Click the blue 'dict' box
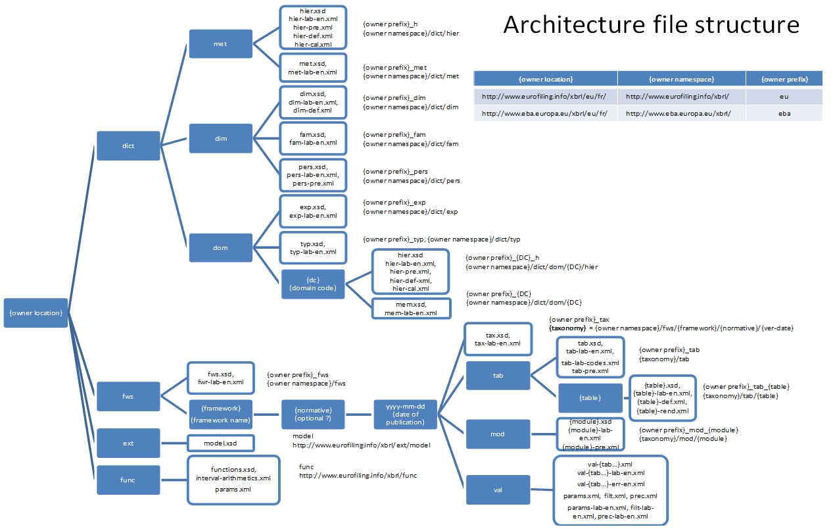pos(128,145)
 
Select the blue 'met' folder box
pos(220,44)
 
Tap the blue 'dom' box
pos(220,247)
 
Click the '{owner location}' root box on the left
pos(36,313)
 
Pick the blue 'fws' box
pos(128,396)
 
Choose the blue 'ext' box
pos(128,443)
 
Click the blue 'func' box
pos(128,480)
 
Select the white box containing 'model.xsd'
pos(220,443)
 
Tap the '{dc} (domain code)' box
pos(313,284)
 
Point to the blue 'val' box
pos(498,490)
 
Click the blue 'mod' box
pos(498,434)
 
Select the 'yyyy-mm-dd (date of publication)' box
pos(406,414)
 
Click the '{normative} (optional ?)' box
pos(313,414)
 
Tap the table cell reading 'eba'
pos(784,113)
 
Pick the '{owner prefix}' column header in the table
pos(784,79)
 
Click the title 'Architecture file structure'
pos(651,25)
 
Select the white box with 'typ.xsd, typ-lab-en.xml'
pos(313,247)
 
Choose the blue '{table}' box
pos(590,397)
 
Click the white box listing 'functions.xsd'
pos(233,480)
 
